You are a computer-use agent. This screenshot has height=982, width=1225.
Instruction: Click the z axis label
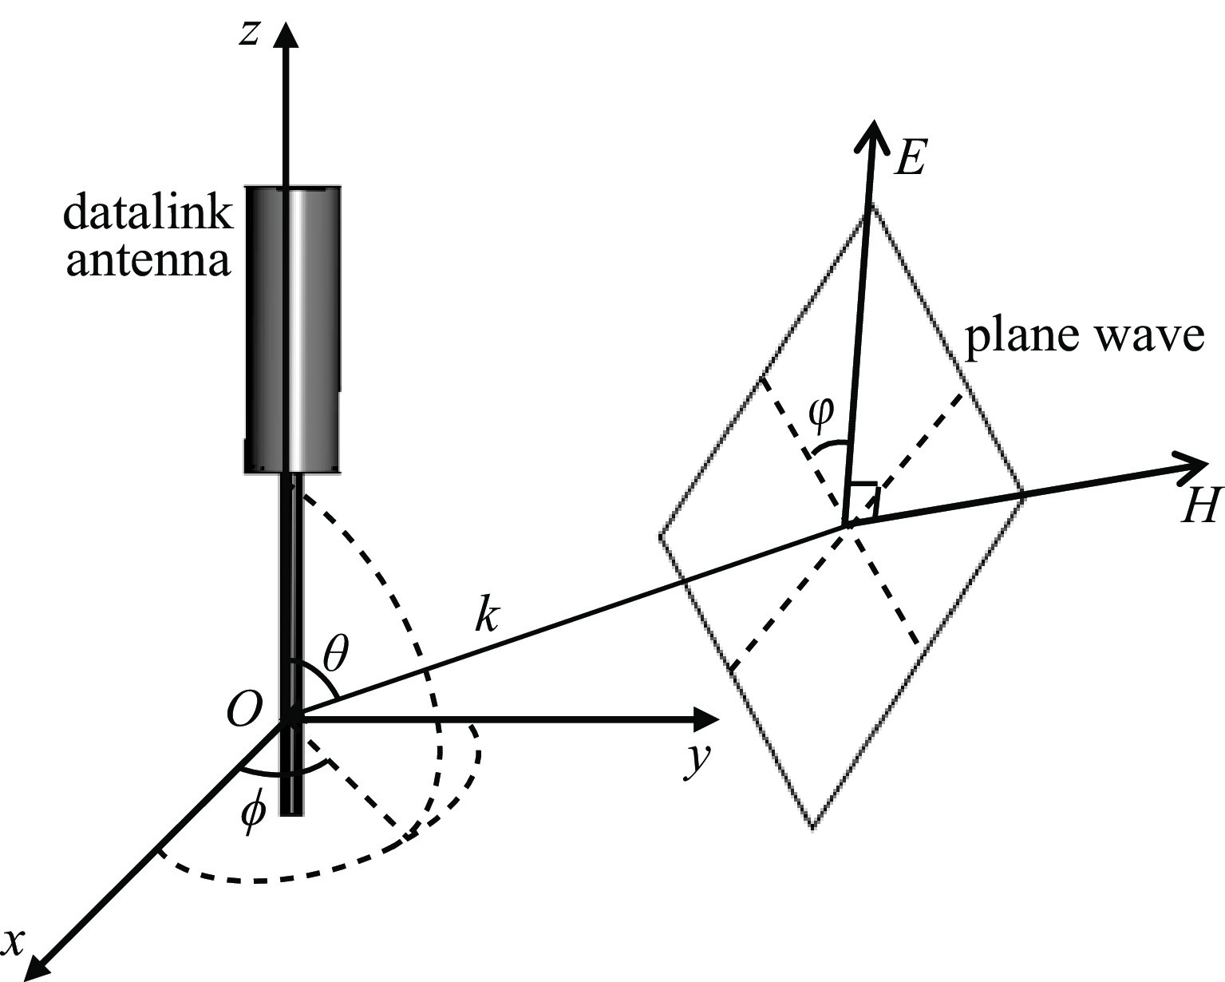[x=250, y=34]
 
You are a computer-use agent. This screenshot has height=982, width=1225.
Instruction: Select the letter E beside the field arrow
[x=909, y=158]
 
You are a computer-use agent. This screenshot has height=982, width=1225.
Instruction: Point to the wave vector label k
[x=486, y=616]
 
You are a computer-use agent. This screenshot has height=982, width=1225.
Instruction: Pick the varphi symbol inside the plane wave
[x=820, y=413]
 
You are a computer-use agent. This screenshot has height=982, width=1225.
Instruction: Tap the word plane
[x=1013, y=337]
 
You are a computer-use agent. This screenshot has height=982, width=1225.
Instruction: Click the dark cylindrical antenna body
[x=293, y=327]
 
